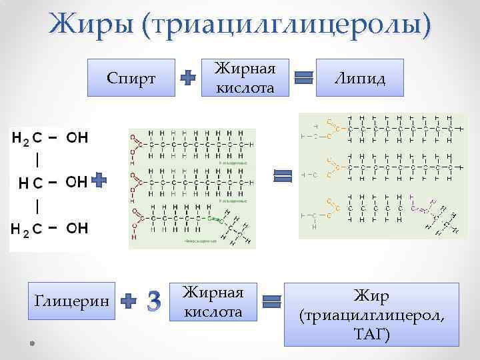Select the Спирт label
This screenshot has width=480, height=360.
click(x=131, y=79)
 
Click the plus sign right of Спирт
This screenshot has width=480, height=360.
click(x=189, y=79)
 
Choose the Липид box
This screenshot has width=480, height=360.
click(x=361, y=79)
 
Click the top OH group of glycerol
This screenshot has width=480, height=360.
click(x=77, y=138)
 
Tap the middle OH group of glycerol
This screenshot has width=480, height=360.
click(x=76, y=181)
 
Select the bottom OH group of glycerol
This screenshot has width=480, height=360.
click(x=77, y=229)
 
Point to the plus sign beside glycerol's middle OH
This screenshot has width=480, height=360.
click(x=99, y=180)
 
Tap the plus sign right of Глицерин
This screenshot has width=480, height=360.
click(x=129, y=301)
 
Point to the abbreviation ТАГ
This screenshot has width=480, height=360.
click(x=372, y=333)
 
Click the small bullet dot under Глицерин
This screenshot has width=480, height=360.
click(x=32, y=341)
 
